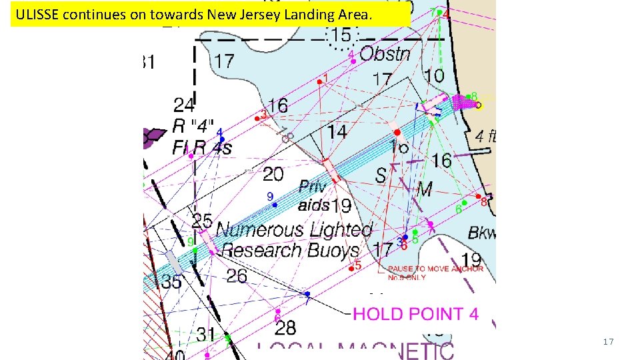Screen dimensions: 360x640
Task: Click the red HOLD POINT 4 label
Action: (x=415, y=314)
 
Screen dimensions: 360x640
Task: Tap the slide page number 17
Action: (x=607, y=342)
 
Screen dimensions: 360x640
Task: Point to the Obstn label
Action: (x=385, y=54)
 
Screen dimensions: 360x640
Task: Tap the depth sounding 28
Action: (x=285, y=327)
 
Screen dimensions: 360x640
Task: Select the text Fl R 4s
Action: (x=202, y=147)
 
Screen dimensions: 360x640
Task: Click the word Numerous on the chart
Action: (x=259, y=231)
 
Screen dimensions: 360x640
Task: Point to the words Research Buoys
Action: (x=291, y=251)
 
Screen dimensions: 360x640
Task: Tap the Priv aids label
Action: (x=314, y=195)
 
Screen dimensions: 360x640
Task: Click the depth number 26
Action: (x=237, y=275)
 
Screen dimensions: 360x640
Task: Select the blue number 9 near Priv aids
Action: (x=270, y=196)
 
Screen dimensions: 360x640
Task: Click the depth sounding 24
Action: (x=185, y=105)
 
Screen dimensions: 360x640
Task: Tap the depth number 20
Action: (x=273, y=175)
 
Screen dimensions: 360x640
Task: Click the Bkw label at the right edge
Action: (x=481, y=233)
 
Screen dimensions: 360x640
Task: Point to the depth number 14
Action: (x=337, y=132)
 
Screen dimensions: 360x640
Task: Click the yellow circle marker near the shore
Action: (x=479, y=105)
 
